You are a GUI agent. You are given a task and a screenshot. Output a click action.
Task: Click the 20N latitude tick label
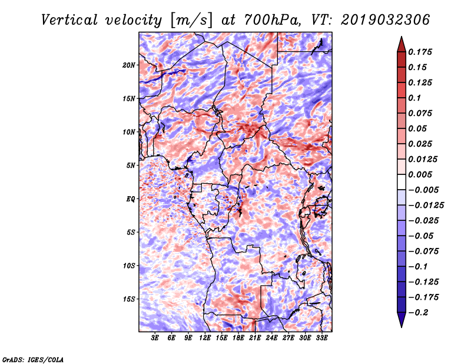[129, 65]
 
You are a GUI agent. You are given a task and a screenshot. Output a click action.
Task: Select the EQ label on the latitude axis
[131, 198]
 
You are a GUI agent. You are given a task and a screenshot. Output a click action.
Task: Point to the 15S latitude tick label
[129, 299]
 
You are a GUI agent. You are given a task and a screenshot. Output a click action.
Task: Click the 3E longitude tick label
[155, 339]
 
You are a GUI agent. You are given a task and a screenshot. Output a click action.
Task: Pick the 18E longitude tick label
[238, 339]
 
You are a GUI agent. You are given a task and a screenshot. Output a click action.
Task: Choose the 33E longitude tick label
[321, 339]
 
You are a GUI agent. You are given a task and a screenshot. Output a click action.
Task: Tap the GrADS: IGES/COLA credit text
[32, 359]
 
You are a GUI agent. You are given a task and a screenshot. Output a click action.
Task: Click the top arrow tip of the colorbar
[401, 38]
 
